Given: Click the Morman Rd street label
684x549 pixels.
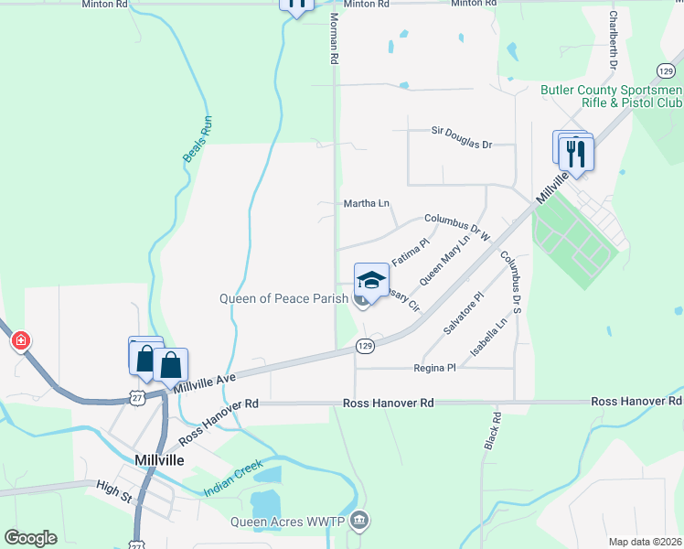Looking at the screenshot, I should point(334,44).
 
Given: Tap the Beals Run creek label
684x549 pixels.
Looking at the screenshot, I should point(198,139).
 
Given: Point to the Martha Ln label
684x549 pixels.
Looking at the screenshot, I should point(366,203).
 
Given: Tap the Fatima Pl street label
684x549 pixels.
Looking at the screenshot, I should point(410,253).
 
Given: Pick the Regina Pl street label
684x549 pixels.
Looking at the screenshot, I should point(435,368).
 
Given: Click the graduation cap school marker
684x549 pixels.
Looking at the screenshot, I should point(371,279).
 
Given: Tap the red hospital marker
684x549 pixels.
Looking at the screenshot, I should point(20,341).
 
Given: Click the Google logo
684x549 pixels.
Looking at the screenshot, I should point(30,537).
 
